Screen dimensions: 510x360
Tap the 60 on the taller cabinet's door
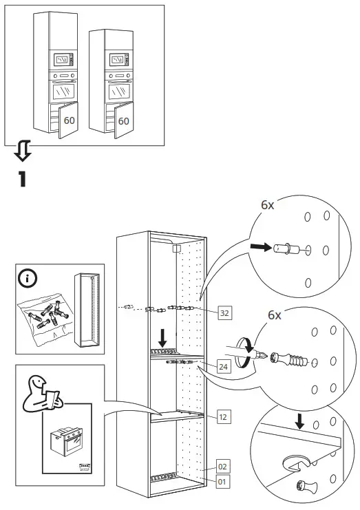pos(69,120)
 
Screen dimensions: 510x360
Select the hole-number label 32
pos(224,313)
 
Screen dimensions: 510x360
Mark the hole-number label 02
pos(222,466)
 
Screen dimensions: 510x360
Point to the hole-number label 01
pos(222,482)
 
